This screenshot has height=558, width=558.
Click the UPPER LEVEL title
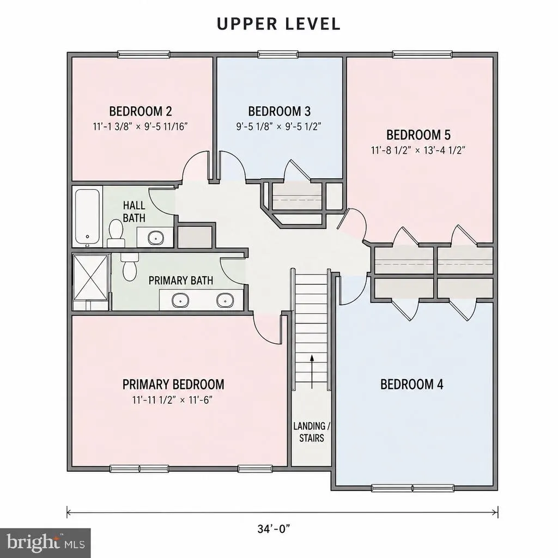pos(278,24)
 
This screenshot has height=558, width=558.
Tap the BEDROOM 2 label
pos(141,111)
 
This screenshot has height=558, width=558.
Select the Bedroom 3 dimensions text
pos(279,126)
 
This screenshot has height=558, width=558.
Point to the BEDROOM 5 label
pos(418,135)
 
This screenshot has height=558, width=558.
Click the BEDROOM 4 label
pos(412,384)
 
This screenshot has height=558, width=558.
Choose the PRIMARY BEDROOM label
pos(173,384)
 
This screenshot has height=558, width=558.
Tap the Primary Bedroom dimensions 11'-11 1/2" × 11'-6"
pos(173,400)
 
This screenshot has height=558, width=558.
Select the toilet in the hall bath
pos(116,234)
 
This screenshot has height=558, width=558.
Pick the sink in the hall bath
pos(156,238)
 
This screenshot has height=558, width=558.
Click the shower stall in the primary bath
pos(90,277)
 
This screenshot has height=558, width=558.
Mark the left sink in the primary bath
pos(181,300)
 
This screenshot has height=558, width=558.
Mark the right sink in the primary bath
pos(225,300)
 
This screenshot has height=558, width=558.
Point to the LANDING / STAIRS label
pos(312,432)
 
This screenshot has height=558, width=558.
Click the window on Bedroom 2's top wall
pos(143,54)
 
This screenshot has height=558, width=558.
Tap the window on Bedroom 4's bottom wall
pos(413,488)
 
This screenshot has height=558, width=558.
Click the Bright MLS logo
pos(45,543)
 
